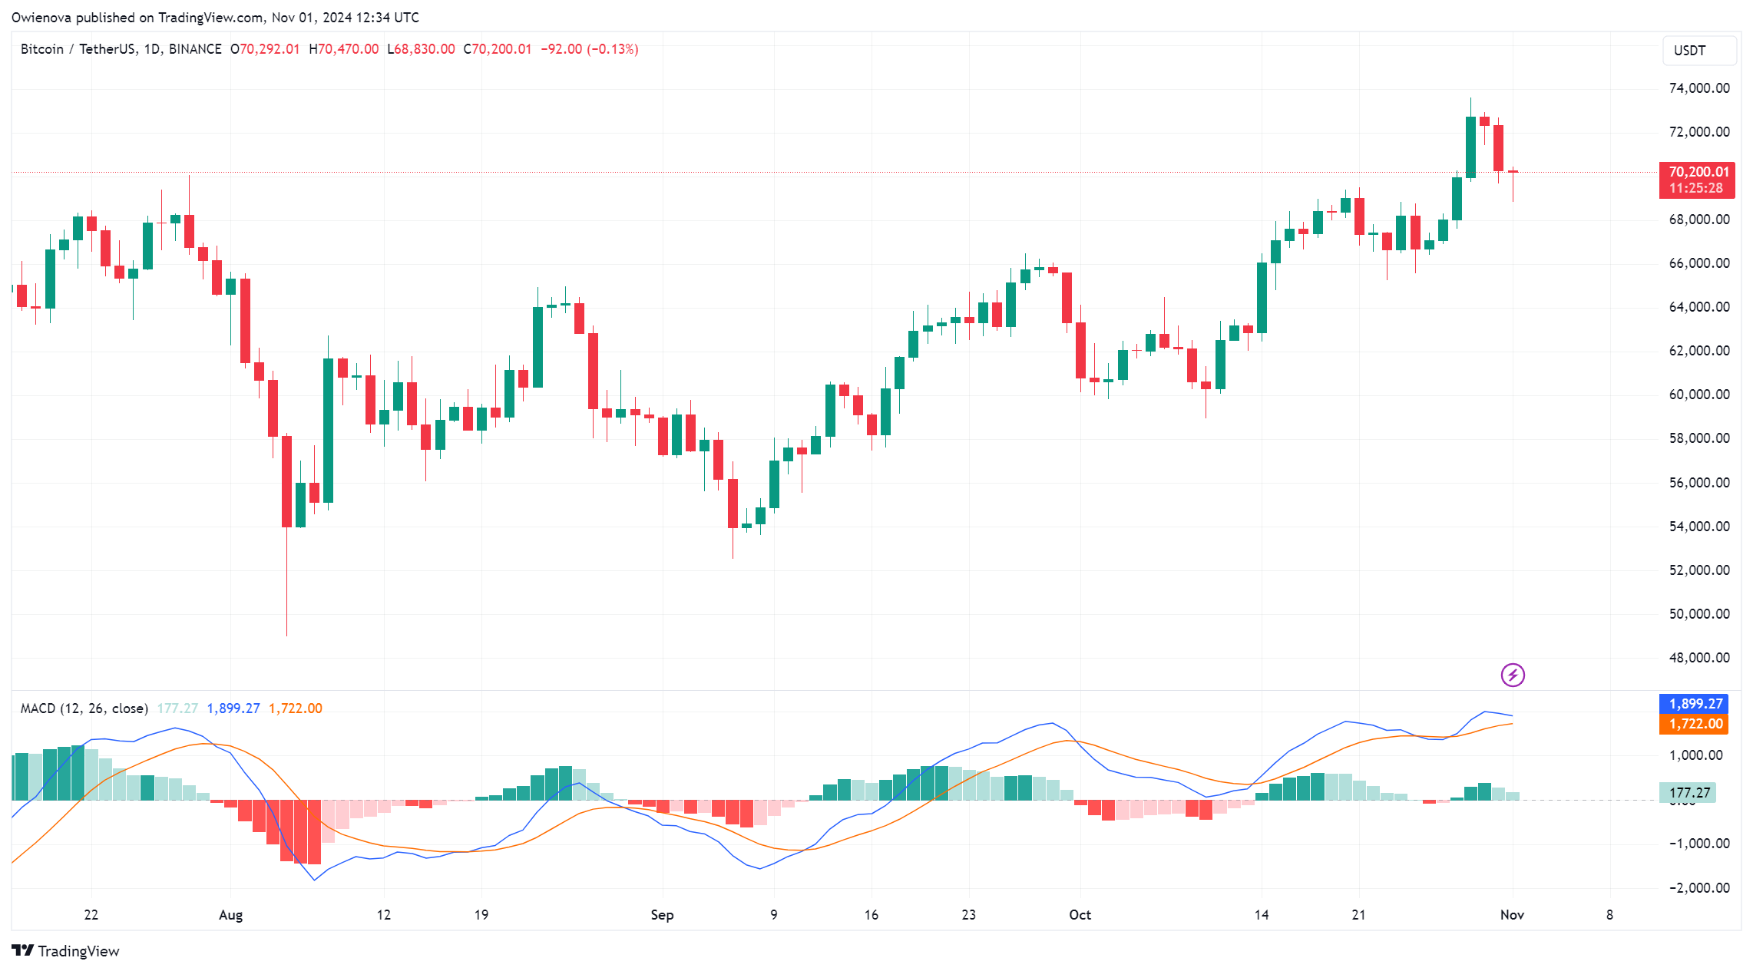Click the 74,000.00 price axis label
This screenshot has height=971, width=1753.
coord(1698,88)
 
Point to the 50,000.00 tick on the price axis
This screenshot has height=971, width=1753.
coord(1698,614)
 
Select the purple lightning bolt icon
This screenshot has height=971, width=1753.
coord(1513,675)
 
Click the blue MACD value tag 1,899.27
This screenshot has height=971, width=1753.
coord(1695,704)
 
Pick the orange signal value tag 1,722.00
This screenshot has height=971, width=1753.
coord(1695,724)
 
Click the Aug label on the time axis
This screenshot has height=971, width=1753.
coord(230,915)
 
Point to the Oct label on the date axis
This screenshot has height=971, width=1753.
coord(1080,915)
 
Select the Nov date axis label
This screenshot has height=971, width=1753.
coord(1512,915)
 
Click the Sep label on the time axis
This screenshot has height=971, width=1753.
coord(662,915)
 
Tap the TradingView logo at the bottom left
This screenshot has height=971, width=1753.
coord(66,951)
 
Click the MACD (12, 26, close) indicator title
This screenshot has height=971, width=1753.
coord(84,708)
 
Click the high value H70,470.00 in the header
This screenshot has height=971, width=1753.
coord(343,49)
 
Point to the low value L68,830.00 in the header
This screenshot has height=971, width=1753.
coord(421,49)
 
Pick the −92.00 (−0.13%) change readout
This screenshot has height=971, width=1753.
coord(589,49)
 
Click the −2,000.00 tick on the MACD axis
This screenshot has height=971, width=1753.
coord(1698,888)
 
